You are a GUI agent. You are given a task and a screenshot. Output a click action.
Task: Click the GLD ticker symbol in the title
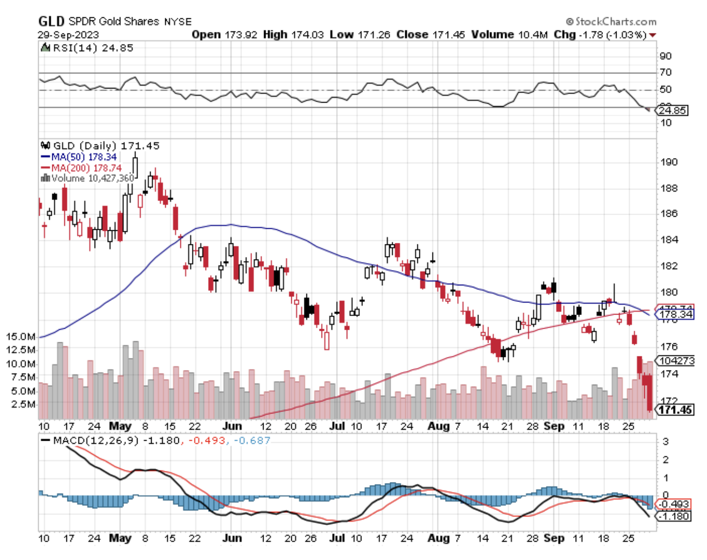click(x=51, y=21)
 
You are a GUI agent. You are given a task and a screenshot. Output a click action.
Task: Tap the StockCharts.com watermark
click(x=612, y=21)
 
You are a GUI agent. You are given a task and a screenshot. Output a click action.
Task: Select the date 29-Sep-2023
click(x=68, y=35)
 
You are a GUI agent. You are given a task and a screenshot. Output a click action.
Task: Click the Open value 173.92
click(x=241, y=35)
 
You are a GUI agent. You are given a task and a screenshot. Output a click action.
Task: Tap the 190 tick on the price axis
click(x=669, y=162)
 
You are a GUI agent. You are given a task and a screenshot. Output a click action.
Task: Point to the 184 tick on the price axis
click(x=669, y=240)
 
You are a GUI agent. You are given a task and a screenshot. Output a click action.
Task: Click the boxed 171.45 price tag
click(x=675, y=410)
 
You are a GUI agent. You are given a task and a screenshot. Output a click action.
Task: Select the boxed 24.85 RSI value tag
click(x=673, y=110)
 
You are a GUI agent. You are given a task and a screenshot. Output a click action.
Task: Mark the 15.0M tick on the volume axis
click(x=21, y=337)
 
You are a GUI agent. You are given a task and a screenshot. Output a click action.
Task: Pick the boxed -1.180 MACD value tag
click(x=675, y=516)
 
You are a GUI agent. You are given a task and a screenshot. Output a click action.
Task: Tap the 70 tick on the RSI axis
click(x=666, y=72)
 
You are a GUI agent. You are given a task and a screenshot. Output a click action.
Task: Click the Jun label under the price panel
click(x=232, y=426)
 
